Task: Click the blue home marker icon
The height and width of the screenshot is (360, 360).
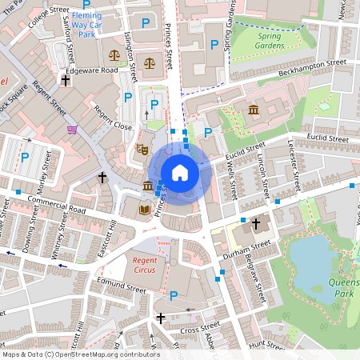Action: [179, 172]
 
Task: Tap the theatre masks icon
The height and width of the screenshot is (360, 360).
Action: [143, 148]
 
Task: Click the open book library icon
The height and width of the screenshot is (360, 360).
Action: [144, 210]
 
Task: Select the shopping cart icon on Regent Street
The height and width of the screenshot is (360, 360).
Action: [73, 129]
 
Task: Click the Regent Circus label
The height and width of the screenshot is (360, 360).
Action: [147, 267]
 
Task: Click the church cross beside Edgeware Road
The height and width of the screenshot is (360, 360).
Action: [66, 81]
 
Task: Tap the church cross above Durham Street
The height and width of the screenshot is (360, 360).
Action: [256, 224]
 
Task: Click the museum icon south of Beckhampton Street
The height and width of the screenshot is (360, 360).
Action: [254, 110]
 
